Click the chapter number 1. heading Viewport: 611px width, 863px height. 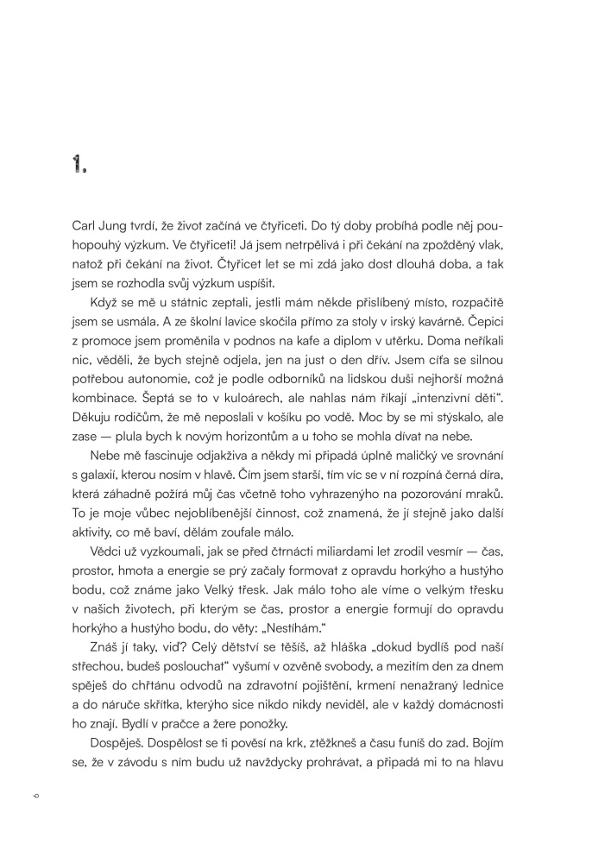80,166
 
